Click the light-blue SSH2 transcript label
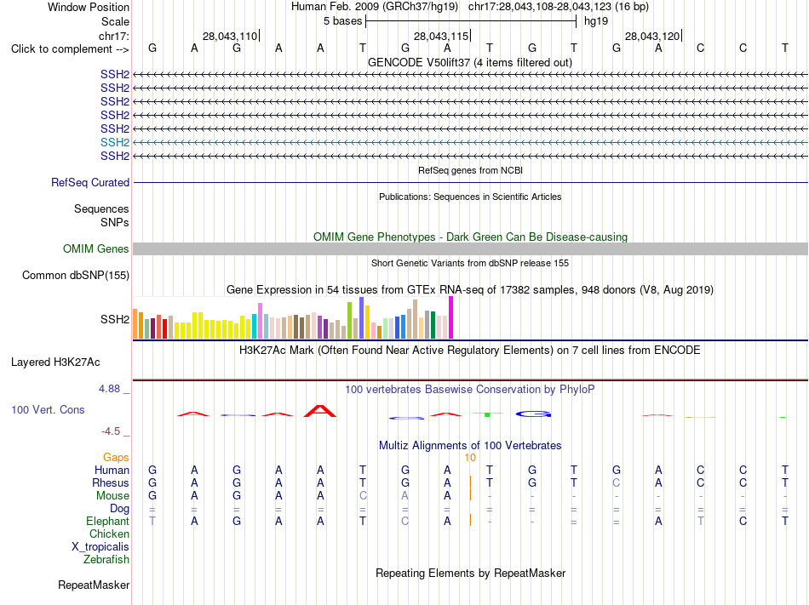(x=115, y=142)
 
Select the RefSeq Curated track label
(x=90, y=182)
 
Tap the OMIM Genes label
(x=96, y=249)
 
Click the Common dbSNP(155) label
(x=76, y=275)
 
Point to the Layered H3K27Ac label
(x=55, y=362)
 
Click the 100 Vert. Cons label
(x=48, y=409)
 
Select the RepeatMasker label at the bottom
(x=94, y=585)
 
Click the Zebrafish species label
(x=106, y=559)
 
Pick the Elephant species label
(x=108, y=521)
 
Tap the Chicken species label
(x=109, y=534)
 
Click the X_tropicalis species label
(x=100, y=547)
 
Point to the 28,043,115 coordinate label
(x=441, y=36)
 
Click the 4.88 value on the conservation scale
(x=109, y=389)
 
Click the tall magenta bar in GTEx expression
(x=451, y=317)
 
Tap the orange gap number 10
(x=470, y=458)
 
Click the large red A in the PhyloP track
(x=320, y=411)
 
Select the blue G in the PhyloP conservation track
(x=533, y=414)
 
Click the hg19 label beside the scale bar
(x=596, y=21)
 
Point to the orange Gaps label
(x=116, y=457)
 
